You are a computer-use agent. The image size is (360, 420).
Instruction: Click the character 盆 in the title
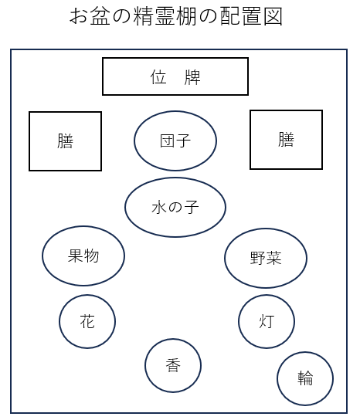100,16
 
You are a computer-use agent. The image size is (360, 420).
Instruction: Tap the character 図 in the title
273,16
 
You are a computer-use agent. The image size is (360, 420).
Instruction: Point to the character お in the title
78,16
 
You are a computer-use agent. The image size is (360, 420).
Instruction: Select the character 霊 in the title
165,16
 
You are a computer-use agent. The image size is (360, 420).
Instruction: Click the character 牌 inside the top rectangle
192,77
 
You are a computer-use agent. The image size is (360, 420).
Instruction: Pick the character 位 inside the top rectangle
158,77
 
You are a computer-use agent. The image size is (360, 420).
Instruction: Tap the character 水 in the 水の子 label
159,208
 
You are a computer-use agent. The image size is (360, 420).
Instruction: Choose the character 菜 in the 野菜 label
273,258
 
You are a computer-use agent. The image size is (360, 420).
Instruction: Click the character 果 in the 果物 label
76,256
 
